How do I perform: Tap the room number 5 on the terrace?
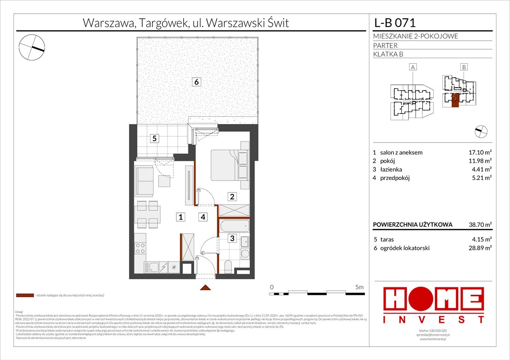[x=153, y=138]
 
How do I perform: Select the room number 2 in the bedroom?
[x=232, y=196]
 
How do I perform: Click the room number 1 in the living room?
[x=180, y=217]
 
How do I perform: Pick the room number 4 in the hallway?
[x=203, y=217]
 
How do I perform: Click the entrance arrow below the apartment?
[x=204, y=287]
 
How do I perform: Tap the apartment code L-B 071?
[x=395, y=22]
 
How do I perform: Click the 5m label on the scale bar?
[x=360, y=287]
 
